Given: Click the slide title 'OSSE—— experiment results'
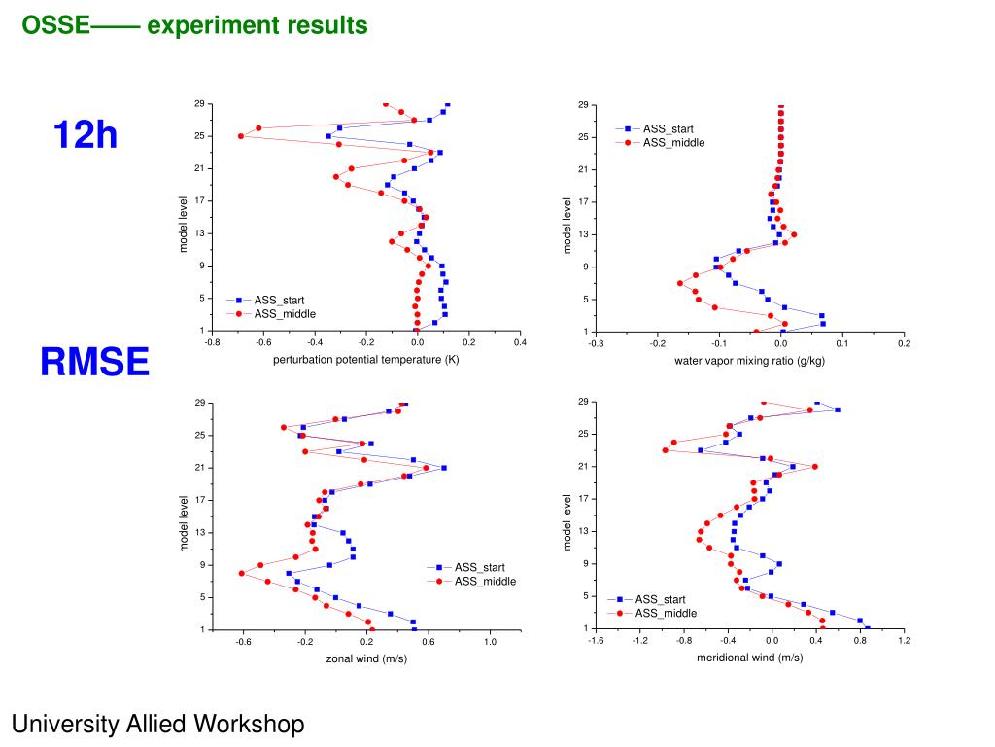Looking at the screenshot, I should point(195,25).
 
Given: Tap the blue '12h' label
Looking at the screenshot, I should point(86,135).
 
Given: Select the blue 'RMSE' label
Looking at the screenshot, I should point(95,363).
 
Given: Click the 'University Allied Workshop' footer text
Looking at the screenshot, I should point(157,724).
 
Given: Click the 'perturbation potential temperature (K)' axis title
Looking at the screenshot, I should point(366,360).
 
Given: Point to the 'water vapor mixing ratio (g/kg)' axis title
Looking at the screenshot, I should point(750,361).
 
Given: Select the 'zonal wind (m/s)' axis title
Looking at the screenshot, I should point(366,658).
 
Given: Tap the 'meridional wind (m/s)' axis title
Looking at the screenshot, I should point(750,658).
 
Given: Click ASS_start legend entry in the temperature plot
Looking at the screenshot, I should point(279,300).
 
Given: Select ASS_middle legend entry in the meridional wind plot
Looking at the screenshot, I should point(666,613).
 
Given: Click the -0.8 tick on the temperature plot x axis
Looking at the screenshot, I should point(212,342).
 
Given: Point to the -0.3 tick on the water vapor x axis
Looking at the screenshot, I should point(596,343).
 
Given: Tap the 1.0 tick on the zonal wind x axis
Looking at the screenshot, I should point(490,642).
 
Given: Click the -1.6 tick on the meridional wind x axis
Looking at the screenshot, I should point(596,640).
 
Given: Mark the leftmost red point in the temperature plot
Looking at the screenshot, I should point(241,136).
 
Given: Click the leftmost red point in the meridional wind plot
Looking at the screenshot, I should point(665,450).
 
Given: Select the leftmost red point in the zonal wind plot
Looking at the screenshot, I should point(241,573).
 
